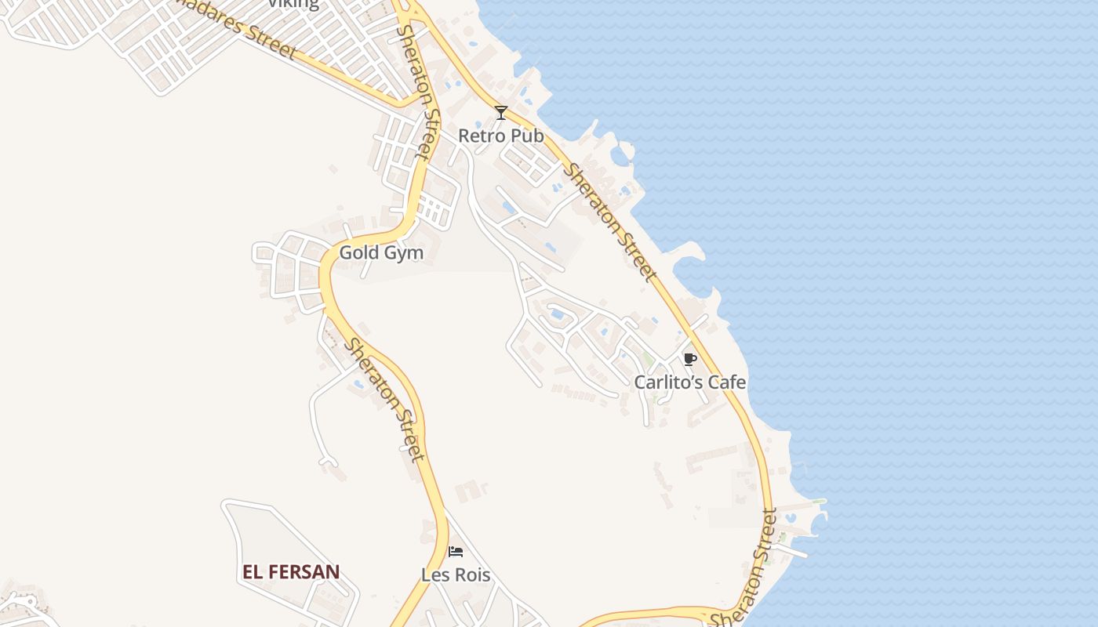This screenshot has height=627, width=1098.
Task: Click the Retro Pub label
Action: (x=500, y=136)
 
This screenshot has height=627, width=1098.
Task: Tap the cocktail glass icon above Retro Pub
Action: (x=501, y=113)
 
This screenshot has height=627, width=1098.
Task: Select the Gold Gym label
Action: (x=381, y=252)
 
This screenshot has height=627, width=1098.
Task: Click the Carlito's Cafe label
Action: (x=690, y=382)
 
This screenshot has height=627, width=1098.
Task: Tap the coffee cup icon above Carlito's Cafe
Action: (x=689, y=360)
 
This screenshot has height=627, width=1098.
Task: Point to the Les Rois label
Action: (x=456, y=574)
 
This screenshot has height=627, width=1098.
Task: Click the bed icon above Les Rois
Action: (x=456, y=552)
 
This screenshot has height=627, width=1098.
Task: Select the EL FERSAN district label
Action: (x=291, y=572)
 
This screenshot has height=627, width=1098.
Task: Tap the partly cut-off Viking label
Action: (x=293, y=4)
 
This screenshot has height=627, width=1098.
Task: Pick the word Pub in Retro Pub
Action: (x=526, y=136)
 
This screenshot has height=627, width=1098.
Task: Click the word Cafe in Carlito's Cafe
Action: (x=727, y=382)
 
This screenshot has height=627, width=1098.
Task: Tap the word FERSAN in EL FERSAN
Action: (x=305, y=572)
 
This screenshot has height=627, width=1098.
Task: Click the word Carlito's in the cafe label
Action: (x=669, y=382)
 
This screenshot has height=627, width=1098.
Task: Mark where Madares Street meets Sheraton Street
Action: (x=405, y=103)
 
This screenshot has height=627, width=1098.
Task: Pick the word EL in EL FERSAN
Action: (x=253, y=572)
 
